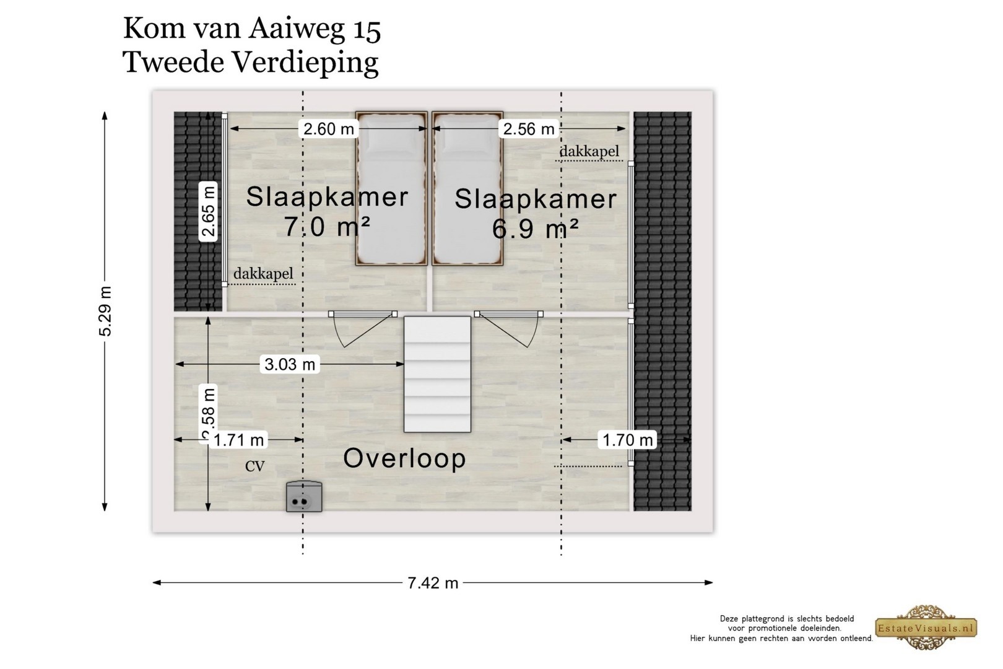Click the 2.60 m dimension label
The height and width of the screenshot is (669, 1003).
click(x=329, y=129)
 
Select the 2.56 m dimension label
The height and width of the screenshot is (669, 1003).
click(x=528, y=129)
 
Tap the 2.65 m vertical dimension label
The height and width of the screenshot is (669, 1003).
click(x=208, y=211)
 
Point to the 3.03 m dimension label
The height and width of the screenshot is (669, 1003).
click(x=290, y=364)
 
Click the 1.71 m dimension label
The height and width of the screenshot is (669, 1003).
click(x=238, y=440)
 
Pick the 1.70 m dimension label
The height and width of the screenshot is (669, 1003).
click(x=627, y=440)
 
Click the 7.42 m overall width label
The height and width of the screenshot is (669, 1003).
click(x=433, y=583)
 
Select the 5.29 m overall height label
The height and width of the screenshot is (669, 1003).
click(x=105, y=311)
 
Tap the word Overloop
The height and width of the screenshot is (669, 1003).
click(x=404, y=459)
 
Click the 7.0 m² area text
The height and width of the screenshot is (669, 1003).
click(x=327, y=226)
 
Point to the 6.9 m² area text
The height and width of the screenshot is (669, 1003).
click(x=535, y=229)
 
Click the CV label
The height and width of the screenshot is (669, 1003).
click(x=255, y=466)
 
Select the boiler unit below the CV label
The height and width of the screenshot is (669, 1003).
click(x=304, y=497)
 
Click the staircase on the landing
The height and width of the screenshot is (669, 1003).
click(x=438, y=375)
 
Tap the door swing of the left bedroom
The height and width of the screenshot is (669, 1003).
click(x=363, y=330)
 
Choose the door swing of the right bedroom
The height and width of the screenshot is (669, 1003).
click(x=509, y=330)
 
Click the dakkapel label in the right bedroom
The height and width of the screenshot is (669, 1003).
click(x=589, y=152)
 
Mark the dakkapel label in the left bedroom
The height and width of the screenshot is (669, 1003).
click(x=263, y=273)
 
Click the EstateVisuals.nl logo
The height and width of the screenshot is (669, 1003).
click(x=926, y=627)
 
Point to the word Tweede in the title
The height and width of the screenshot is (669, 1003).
click(x=174, y=62)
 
